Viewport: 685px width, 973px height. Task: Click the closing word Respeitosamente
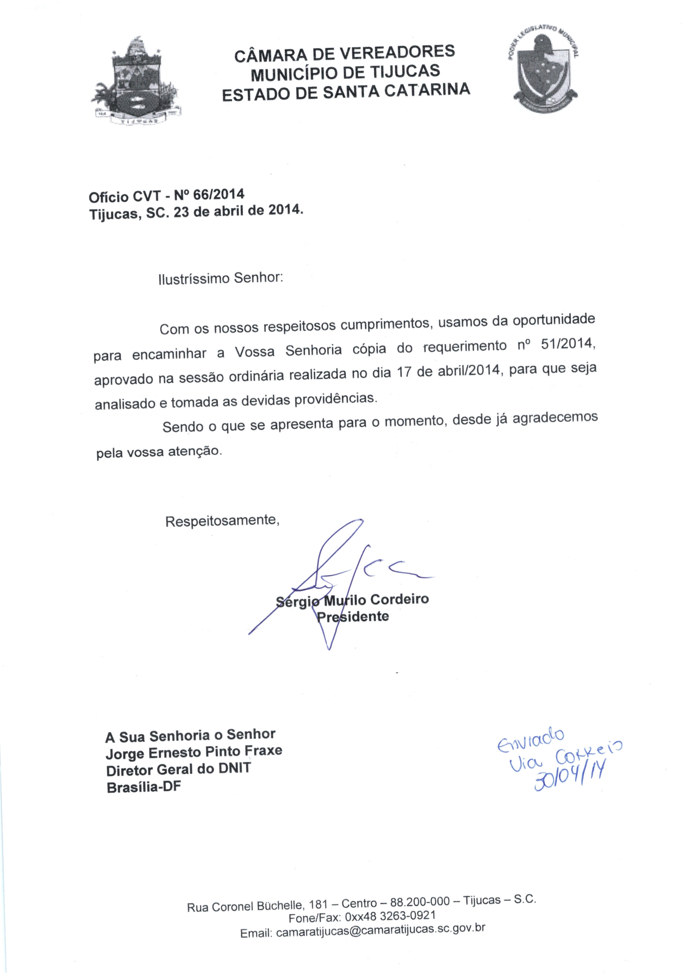click(x=222, y=520)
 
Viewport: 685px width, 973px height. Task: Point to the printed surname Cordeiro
click(x=399, y=599)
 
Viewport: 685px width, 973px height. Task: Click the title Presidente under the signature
click(x=353, y=617)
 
